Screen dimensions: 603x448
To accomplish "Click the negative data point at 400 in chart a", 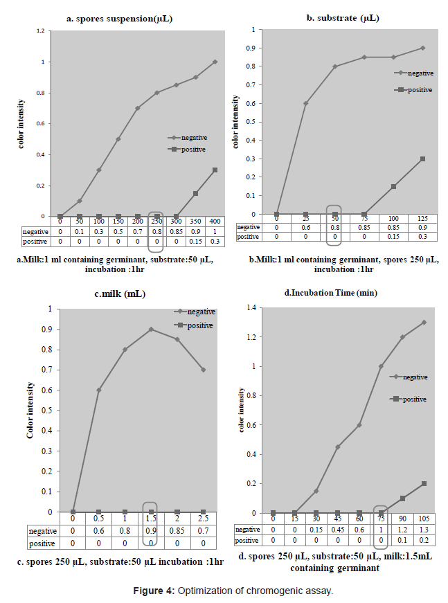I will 215,62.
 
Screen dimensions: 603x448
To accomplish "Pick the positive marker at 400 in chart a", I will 215,170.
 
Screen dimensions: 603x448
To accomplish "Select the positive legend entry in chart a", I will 193,149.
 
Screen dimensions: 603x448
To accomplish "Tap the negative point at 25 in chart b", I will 305,103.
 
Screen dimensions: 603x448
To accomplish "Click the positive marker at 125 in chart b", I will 422,159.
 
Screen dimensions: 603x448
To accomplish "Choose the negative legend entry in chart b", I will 420,73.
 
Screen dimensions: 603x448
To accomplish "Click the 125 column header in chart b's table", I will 422,218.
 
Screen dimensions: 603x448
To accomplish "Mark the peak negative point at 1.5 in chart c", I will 151,329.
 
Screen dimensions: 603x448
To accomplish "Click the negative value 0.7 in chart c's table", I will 203,531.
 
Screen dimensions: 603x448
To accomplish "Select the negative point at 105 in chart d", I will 424,323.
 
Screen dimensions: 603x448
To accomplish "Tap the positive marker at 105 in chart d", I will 424,483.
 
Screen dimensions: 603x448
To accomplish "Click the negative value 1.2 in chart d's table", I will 402,530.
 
